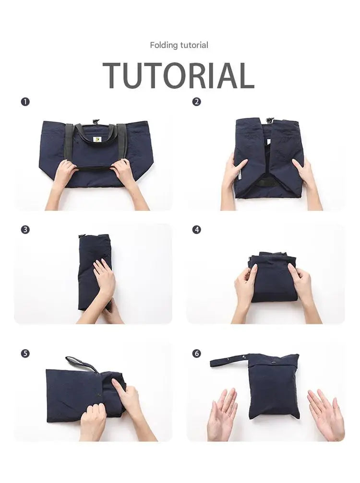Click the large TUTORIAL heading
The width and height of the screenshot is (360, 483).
coord(179,75)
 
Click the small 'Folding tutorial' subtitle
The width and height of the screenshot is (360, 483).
coord(179,45)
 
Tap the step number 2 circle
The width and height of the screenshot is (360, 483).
coord(196,102)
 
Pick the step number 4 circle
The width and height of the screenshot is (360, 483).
coord(196,229)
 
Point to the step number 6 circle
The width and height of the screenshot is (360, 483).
coord(196,353)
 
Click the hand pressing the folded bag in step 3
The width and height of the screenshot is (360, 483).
coord(104,278)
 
